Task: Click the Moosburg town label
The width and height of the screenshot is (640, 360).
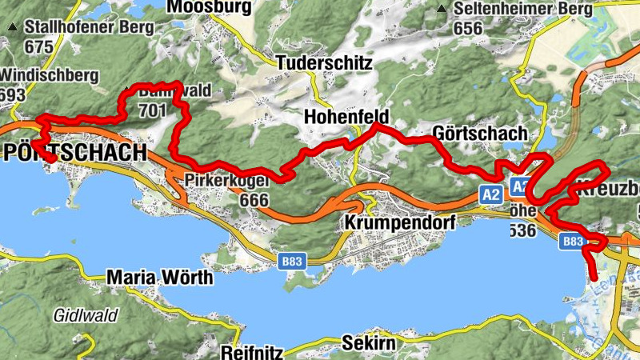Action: [209, 7]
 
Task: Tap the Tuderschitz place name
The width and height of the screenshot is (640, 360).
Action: [324, 62]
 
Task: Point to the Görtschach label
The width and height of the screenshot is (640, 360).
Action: [479, 133]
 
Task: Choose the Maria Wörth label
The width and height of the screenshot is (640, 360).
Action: [160, 278]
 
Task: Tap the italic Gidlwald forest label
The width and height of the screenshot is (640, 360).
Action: [86, 315]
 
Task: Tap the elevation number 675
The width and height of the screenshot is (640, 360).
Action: [38, 46]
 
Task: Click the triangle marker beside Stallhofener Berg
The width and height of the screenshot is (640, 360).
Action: [12, 27]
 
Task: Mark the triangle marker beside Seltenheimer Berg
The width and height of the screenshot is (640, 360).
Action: [442, 10]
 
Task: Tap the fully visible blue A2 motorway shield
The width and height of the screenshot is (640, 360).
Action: [491, 193]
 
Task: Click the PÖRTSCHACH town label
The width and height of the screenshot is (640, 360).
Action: [75, 152]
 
